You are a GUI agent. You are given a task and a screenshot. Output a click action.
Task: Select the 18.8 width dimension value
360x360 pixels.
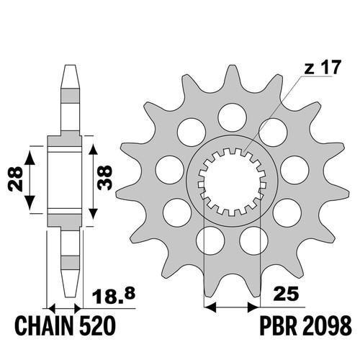(114, 296)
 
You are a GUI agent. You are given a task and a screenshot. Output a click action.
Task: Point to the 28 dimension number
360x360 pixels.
(15, 179)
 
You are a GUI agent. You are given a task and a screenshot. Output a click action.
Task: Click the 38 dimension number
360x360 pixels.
(105, 177)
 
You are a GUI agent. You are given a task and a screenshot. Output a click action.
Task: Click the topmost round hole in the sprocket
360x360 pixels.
(233, 117)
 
